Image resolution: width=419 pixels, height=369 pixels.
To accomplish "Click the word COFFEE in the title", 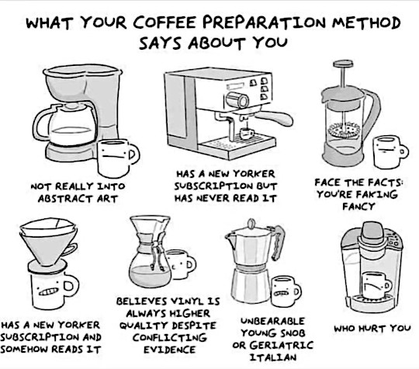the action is pos(165,23).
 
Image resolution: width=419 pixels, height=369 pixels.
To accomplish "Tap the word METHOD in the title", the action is pos(366,23).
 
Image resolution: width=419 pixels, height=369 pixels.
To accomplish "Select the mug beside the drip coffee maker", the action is pos(118,158).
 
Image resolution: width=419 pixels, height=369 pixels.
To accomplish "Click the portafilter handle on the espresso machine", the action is pos(273,118).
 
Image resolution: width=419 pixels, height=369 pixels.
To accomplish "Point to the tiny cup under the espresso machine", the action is pos(247,134).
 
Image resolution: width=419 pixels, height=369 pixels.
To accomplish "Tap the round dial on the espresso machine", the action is pos(237,100).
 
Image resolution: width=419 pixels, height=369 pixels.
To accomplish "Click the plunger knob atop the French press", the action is pos(343,64).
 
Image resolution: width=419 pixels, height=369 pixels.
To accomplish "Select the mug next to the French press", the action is pos(390,151).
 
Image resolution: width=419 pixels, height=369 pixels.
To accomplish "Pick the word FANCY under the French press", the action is pos(358,207).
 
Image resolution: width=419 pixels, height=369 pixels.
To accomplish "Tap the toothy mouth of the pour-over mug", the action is pos(48,291).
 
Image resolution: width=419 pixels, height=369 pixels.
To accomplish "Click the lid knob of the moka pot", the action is pos(251,224).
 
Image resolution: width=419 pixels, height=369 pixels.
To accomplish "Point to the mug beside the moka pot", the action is pos(286,291).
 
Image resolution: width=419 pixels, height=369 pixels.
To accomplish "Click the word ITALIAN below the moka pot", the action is pos(273,357).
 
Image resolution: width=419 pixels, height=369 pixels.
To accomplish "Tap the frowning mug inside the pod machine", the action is pos(376,285).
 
